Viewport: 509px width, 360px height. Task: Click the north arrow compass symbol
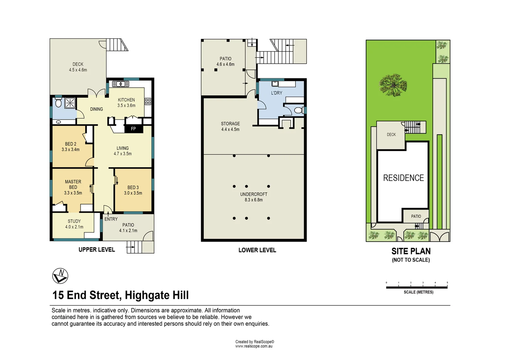(60, 276)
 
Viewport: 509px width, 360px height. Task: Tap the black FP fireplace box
(134, 129)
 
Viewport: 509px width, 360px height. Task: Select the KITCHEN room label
(126, 100)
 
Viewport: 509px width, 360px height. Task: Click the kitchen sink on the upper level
(121, 84)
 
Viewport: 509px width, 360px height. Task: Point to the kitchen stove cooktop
(148, 101)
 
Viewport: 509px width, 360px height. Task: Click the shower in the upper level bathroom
(70, 103)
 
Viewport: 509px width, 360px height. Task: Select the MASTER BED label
(73, 184)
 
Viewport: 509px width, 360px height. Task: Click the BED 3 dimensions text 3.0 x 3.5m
(133, 193)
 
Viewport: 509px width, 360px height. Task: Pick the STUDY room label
(74, 221)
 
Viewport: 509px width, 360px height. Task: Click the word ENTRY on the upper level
(111, 219)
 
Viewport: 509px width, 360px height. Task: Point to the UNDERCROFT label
(254, 194)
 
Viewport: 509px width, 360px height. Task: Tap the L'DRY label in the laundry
(276, 93)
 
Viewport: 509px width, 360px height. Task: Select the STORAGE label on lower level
(230, 124)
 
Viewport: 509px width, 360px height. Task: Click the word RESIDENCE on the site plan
(403, 178)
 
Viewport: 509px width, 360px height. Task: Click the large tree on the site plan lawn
(393, 85)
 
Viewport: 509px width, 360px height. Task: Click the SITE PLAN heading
(411, 251)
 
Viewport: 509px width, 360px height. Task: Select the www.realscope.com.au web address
(254, 346)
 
